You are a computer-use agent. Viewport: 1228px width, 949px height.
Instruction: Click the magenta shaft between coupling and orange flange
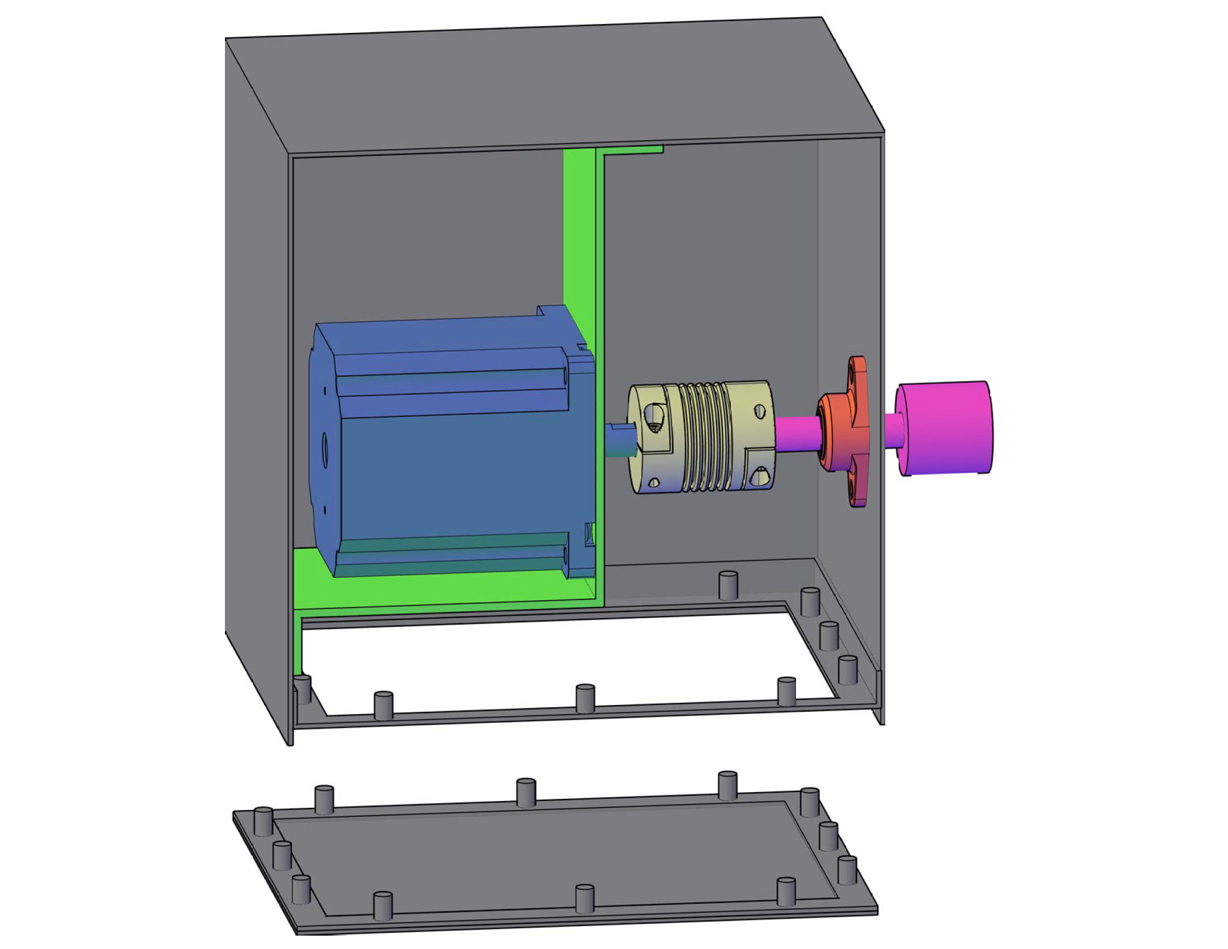tap(795, 433)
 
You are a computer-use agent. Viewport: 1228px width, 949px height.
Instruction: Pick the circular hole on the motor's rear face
tap(324, 450)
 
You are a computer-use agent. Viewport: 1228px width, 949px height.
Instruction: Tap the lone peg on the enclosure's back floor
tap(728, 586)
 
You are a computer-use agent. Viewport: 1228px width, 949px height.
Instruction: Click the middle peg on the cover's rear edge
tap(526, 793)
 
